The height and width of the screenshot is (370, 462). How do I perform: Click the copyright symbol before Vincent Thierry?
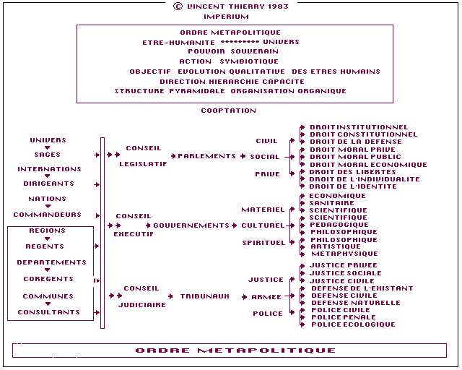tap(178, 7)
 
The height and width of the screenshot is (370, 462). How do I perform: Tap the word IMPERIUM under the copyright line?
tap(226, 17)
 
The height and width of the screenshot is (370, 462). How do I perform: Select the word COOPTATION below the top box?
tap(229, 111)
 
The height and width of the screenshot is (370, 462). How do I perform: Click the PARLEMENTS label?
tap(207, 156)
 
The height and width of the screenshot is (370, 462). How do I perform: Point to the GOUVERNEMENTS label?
tap(191, 225)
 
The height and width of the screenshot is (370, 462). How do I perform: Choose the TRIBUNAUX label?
tap(205, 296)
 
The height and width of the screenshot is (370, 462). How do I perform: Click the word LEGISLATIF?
tap(143, 164)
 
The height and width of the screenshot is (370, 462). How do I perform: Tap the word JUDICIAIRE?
tap(142, 305)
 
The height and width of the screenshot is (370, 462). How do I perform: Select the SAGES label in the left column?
tap(48, 155)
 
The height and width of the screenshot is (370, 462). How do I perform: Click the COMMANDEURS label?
tap(48, 215)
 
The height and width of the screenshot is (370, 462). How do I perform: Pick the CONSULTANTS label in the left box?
tap(49, 312)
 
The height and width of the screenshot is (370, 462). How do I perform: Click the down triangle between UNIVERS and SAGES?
tap(48, 147)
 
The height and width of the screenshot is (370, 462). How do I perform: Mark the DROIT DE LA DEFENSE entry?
tap(356, 142)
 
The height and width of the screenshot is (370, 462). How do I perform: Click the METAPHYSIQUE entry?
tap(345, 254)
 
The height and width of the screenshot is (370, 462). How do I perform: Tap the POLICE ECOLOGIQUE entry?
tap(353, 324)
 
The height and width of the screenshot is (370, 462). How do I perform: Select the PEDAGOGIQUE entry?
tap(339, 225)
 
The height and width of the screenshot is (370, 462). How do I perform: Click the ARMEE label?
tap(266, 297)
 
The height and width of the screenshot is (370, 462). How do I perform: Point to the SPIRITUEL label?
tap(263, 243)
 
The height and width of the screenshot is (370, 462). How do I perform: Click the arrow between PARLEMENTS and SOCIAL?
tap(243, 156)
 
